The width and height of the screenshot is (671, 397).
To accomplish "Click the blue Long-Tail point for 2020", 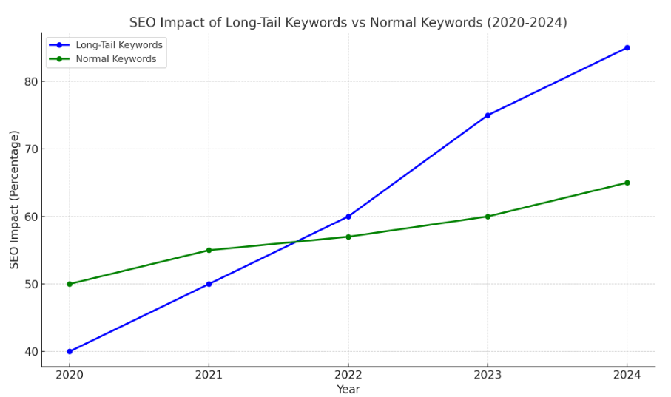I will pyautogui.click(x=70, y=351).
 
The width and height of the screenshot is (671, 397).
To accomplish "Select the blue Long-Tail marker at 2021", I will pyautogui.click(x=209, y=284).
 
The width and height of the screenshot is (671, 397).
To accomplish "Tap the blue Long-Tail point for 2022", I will pyautogui.click(x=348, y=217).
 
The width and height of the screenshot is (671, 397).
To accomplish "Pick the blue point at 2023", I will pyautogui.click(x=488, y=115).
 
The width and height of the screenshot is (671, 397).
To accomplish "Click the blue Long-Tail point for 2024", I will pyautogui.click(x=627, y=48).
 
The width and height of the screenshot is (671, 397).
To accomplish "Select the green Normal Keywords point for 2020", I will pyautogui.click(x=70, y=284).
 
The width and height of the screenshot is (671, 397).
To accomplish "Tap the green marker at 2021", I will pyautogui.click(x=209, y=250).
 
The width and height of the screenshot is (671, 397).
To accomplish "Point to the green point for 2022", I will pyautogui.click(x=348, y=237).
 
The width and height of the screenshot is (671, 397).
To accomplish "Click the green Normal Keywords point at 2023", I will pyautogui.click(x=488, y=217).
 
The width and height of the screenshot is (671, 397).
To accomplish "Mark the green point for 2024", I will pyautogui.click(x=627, y=183).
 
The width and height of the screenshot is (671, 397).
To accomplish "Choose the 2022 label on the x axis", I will pyautogui.click(x=348, y=376).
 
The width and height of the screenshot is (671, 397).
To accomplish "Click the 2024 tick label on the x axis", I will pyautogui.click(x=627, y=376).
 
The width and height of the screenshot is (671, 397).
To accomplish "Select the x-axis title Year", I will pyautogui.click(x=348, y=390).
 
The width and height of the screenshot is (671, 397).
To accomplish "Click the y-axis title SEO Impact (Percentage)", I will pyautogui.click(x=15, y=200).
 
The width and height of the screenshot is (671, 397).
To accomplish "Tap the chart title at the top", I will pyautogui.click(x=348, y=23).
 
